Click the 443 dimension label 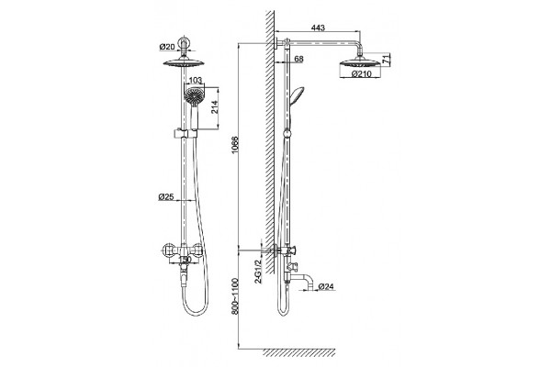(318, 28)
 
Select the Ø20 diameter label (167, 46)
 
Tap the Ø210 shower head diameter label (361, 74)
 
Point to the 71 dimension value (386, 59)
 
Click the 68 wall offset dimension (298, 59)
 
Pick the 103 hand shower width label (196, 81)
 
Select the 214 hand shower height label (214, 106)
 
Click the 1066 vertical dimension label (235, 144)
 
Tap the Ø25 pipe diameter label (166, 197)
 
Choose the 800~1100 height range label (235, 296)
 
